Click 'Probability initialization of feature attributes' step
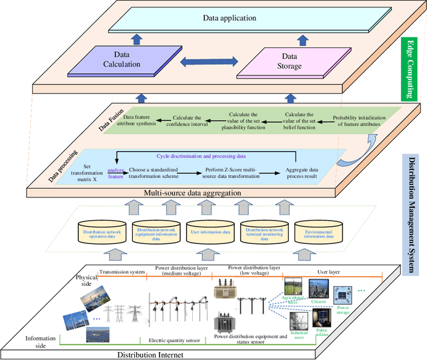360,119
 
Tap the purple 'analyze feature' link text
116,173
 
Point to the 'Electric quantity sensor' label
175,339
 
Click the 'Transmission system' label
123,273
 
